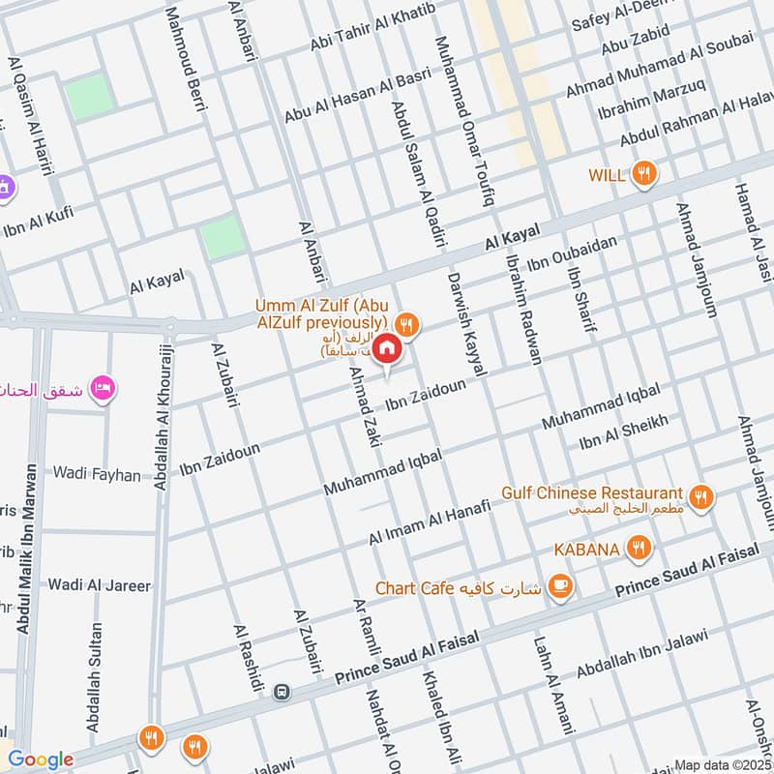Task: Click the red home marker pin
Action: [386, 348]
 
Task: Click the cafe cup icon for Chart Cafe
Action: [558, 585]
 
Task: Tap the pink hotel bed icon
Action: [101, 389]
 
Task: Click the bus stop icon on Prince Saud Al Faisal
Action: [281, 692]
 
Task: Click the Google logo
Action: [40, 759]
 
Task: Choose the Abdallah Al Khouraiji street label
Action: [164, 417]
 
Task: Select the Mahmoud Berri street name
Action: [187, 56]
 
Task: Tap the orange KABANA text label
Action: [586, 550]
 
